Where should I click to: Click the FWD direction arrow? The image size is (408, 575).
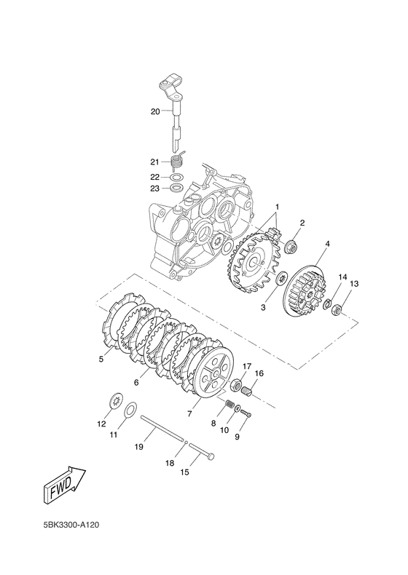tap(65, 485)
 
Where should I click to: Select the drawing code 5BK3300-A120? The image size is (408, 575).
tap(71, 525)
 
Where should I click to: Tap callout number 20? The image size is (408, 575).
tap(155, 111)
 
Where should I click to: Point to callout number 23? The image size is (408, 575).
tap(155, 189)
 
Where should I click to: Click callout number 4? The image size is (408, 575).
tap(327, 244)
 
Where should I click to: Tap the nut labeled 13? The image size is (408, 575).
tap(337, 310)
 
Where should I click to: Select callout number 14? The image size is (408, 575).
tap(342, 277)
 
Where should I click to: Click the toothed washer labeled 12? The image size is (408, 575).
tap(116, 402)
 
